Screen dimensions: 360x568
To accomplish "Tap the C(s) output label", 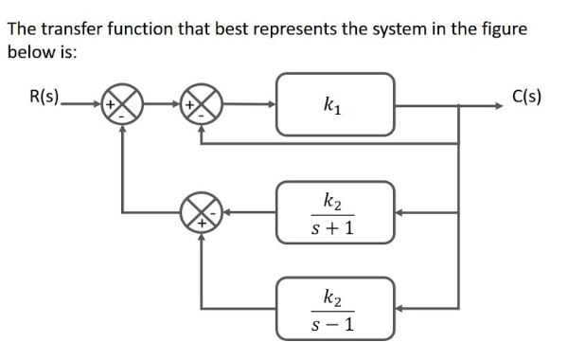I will [x=526, y=97].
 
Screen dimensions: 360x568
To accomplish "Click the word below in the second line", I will [x=28, y=52].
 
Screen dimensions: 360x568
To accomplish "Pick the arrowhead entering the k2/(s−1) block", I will [x=401, y=308].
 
